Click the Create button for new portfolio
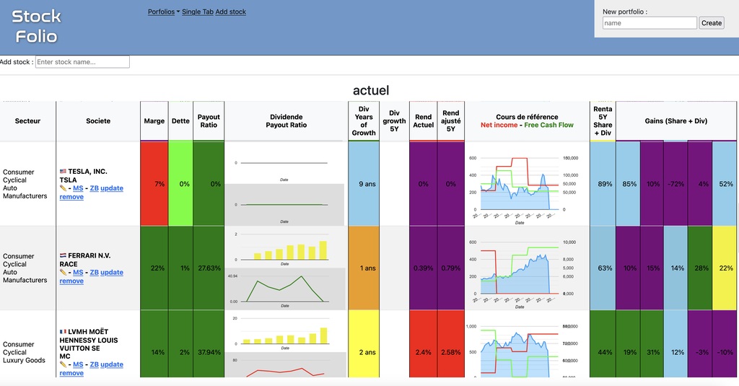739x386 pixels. tap(712, 23)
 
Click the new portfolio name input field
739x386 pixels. tap(650, 23)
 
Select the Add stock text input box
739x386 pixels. tap(82, 62)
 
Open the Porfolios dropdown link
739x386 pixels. tap(163, 12)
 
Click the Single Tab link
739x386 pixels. tap(198, 12)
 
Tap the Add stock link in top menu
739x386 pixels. tap(231, 12)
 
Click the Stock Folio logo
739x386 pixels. tap(37, 26)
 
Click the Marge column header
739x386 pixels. tap(154, 121)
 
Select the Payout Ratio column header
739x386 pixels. tap(209, 121)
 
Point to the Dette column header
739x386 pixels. tap(180, 121)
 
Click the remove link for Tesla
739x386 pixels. tap(71, 197)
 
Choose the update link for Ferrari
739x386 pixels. tap(112, 273)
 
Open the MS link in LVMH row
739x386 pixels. tap(78, 364)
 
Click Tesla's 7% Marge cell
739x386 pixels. tap(154, 184)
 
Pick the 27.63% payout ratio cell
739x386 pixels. tap(209, 268)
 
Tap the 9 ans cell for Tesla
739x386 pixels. tap(364, 184)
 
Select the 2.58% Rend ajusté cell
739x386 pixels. tap(450, 353)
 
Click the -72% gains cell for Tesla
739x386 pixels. tap(675, 184)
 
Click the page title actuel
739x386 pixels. tap(370, 90)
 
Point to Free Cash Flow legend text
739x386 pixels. tap(548, 126)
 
